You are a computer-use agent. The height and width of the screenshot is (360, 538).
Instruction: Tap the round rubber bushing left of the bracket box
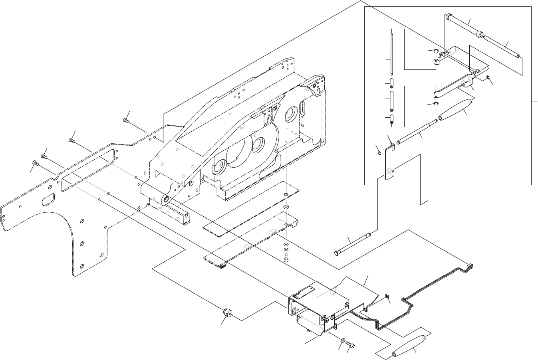(228, 312)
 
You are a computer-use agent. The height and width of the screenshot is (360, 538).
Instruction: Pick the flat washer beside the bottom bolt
(343, 340)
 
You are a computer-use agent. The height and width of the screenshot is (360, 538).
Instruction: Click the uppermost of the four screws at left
(127, 119)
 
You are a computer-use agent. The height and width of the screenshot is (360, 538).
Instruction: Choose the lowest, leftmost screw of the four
(34, 163)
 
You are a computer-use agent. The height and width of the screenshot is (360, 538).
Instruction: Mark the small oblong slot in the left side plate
(49, 199)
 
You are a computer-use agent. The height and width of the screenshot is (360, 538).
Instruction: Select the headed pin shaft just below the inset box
(353, 243)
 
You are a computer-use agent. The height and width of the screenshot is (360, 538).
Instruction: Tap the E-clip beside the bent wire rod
(387, 296)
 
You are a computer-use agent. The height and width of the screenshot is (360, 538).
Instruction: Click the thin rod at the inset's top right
(501, 46)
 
